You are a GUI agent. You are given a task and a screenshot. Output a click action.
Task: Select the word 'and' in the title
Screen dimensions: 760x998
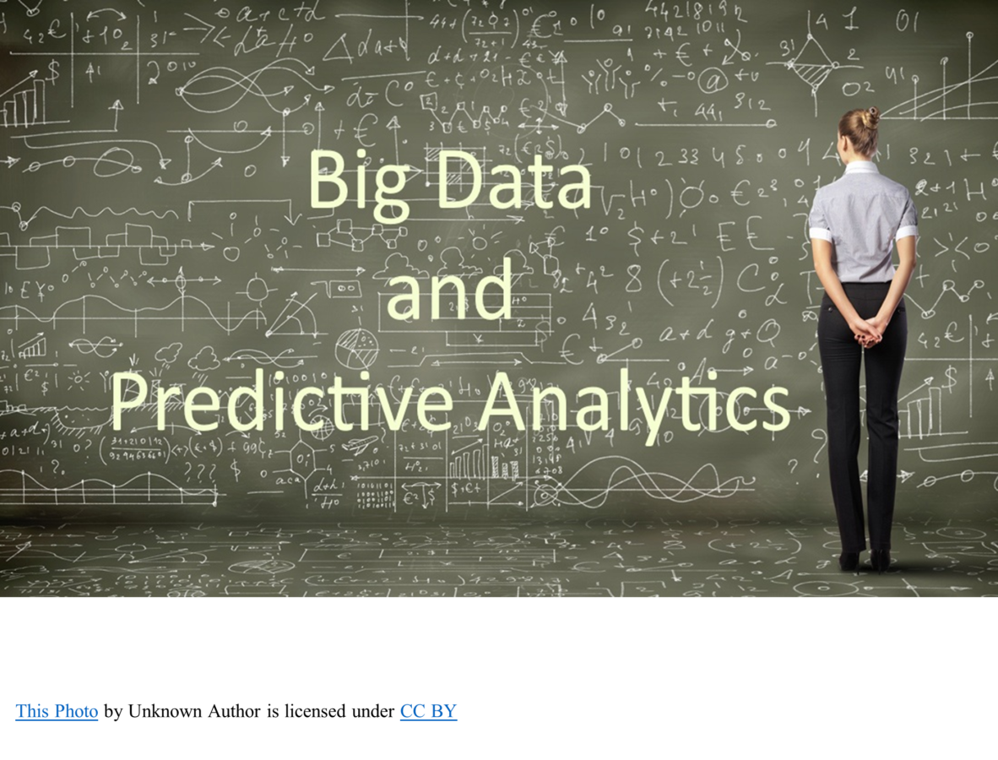coord(448,290)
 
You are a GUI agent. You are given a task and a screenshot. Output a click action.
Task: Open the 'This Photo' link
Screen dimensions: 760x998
coord(57,711)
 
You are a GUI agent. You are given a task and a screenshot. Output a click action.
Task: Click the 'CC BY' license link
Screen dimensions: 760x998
coord(428,711)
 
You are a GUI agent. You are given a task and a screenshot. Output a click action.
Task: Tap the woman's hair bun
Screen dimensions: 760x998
coord(871,115)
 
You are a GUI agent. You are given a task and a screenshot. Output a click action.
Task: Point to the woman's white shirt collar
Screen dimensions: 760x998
coord(862,167)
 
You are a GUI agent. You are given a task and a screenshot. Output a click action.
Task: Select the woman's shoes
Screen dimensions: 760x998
coord(863,559)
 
